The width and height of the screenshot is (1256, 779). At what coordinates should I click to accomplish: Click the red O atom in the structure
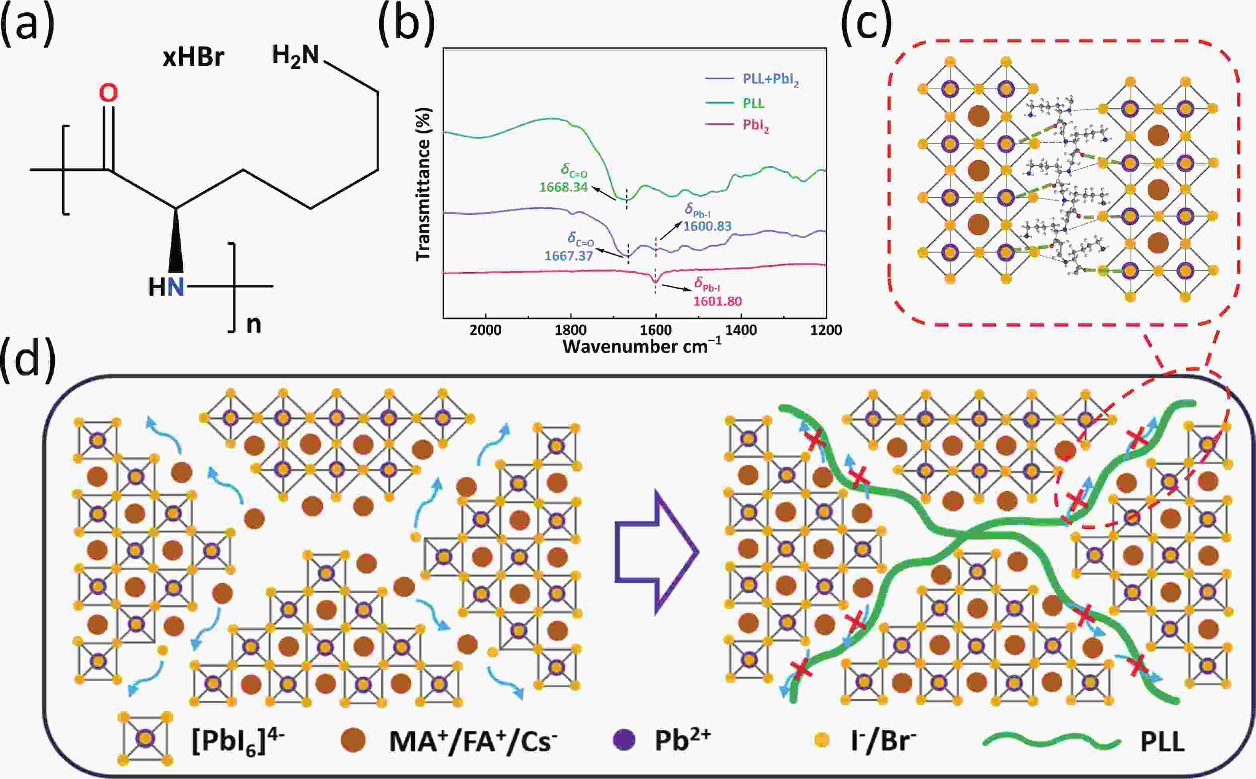(108, 93)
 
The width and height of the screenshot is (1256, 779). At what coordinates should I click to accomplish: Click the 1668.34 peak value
(563, 187)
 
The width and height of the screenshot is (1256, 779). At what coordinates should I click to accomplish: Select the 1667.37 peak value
(568, 256)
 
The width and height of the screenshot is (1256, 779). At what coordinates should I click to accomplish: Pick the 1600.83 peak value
(707, 226)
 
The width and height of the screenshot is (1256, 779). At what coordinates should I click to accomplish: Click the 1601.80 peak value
(717, 301)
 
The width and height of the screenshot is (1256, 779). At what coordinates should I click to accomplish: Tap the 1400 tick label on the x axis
(741, 330)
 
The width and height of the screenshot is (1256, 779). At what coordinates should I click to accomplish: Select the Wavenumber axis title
(642, 346)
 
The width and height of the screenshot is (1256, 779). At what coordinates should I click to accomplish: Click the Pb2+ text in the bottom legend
(683, 741)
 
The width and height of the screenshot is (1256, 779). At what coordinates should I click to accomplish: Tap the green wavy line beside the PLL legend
(1051, 742)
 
